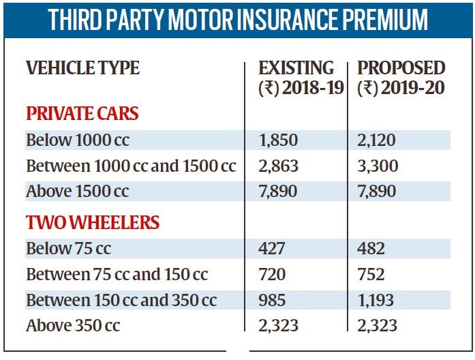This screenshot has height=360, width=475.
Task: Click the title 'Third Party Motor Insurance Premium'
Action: point(238,20)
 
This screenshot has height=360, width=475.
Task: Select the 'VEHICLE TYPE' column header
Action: point(82,69)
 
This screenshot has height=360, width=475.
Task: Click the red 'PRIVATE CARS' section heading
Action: point(82,114)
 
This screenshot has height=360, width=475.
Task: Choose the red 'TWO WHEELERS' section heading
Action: point(93,223)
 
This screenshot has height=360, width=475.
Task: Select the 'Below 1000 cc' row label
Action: point(78,140)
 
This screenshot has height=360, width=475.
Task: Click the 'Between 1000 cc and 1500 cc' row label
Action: point(131,166)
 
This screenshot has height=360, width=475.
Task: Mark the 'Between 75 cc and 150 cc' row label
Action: point(117,274)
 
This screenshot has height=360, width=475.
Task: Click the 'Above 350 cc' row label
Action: point(73,325)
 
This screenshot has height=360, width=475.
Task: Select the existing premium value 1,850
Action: point(278,140)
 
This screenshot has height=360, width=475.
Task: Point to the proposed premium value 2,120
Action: point(376,140)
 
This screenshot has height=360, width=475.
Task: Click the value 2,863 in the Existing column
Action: point(278,166)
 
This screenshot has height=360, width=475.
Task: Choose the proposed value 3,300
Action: point(378,166)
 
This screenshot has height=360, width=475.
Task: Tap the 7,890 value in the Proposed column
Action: point(376,191)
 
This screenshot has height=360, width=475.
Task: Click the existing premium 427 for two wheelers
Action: point(273,249)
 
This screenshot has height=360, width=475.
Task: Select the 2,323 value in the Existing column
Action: point(278,325)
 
